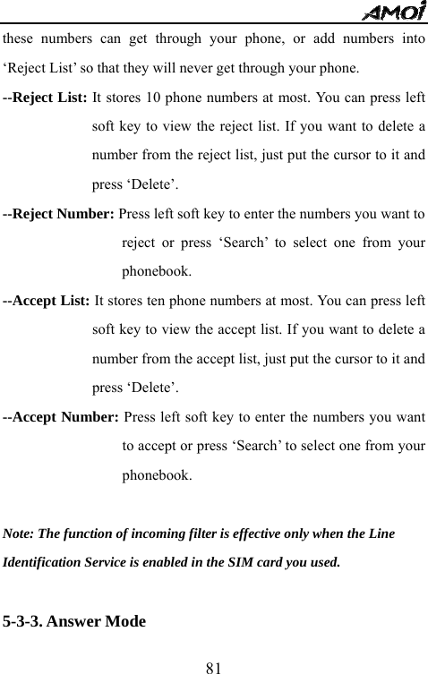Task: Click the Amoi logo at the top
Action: pyautogui.click(x=398, y=11)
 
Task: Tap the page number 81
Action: pyautogui.click(x=213, y=665)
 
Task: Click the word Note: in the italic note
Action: pyautogui.click(x=20, y=534)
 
